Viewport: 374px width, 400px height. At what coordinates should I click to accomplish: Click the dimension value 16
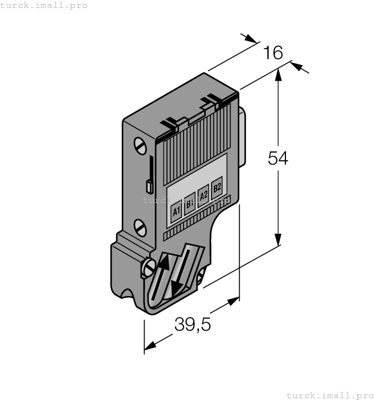(x=273, y=53)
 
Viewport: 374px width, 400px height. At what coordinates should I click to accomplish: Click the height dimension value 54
(x=278, y=158)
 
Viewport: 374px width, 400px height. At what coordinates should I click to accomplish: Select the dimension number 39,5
(x=193, y=325)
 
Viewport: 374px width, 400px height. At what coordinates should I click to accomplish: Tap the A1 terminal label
(x=176, y=211)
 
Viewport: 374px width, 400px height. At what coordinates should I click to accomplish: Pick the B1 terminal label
(x=190, y=203)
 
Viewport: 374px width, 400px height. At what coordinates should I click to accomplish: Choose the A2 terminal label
(x=204, y=195)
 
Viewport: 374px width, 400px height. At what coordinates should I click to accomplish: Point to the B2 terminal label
(x=217, y=187)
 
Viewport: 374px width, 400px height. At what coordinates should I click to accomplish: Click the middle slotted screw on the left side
(x=140, y=227)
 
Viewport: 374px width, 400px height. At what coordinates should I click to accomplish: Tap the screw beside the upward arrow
(x=148, y=266)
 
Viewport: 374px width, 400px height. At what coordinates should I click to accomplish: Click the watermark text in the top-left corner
(x=44, y=5)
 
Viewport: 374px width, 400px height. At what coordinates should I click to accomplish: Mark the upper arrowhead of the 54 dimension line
(x=278, y=74)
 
